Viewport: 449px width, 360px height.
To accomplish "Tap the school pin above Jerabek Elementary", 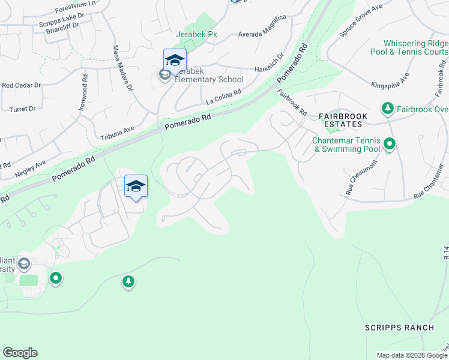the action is click(175, 61).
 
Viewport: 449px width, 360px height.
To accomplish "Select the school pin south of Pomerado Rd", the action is click(136, 187).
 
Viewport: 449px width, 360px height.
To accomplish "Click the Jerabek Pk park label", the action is click(196, 35).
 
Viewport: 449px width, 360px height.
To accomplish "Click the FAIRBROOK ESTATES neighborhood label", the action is click(341, 120).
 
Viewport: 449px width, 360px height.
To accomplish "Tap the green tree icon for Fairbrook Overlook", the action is click(388, 108).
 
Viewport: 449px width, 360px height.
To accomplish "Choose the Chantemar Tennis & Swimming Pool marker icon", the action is click(390, 144).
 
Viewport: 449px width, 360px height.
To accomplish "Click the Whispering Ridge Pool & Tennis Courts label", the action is click(415, 48).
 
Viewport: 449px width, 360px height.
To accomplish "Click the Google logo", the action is click(20, 353).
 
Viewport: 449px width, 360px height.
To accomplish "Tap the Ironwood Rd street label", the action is click(82, 91).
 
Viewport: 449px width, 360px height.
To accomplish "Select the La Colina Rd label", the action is click(223, 95).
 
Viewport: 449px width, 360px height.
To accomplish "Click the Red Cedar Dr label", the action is click(22, 86).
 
